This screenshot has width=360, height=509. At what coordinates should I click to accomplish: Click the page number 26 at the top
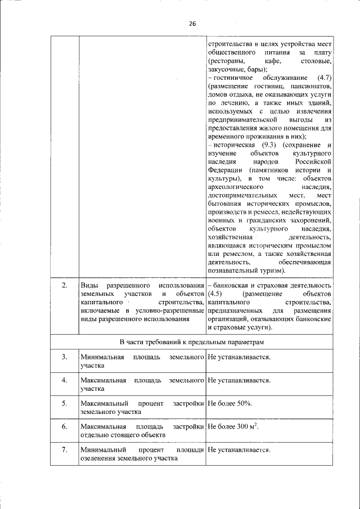point(192,24)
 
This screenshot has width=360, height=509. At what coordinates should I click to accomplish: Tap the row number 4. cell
point(65,380)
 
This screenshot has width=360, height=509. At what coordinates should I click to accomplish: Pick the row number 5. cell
point(65,403)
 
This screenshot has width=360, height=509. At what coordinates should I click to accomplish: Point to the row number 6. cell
point(65,427)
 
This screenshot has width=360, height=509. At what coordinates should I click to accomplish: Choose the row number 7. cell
point(65,450)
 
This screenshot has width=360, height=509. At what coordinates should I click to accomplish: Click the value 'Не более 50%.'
point(230,403)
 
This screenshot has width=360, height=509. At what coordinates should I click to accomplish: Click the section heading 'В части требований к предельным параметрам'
point(192,342)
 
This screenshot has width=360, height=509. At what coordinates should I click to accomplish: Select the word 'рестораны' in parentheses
point(226,60)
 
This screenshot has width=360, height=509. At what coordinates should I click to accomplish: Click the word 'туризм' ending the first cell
point(302,271)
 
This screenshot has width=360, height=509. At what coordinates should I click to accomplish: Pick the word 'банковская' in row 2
point(231,286)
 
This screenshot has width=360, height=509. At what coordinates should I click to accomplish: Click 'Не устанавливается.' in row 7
point(239,450)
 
